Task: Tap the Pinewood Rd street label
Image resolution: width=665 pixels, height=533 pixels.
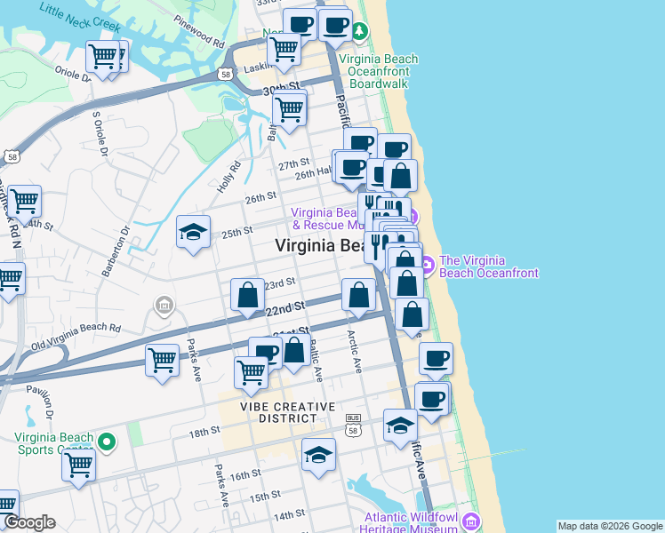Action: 199,31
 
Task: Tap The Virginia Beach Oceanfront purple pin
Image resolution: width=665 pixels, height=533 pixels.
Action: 427,264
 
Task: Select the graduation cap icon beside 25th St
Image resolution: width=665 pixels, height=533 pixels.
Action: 193,233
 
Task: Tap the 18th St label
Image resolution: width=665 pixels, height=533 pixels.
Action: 204,431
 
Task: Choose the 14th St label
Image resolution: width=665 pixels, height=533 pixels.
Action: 288,515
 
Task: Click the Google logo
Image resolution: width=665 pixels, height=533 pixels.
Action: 28,522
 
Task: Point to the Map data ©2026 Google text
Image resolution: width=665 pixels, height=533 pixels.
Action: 610,526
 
